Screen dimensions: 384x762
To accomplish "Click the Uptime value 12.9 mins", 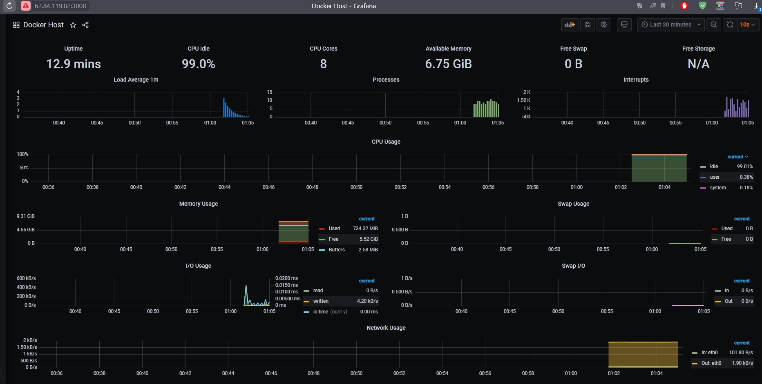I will coord(74,64).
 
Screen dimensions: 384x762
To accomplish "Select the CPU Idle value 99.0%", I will coord(199,64).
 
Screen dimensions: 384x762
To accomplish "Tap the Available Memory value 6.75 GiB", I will coord(448,64).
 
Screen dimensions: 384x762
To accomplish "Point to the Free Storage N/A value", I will coord(698,64).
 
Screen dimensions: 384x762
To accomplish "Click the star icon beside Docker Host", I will coord(73,25).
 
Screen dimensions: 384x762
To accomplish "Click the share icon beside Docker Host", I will coord(85,25).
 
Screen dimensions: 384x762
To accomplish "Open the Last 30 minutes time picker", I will coord(671,24).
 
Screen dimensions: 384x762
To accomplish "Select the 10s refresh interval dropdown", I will coord(747,24).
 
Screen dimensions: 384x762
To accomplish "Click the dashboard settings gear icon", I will coord(604,24).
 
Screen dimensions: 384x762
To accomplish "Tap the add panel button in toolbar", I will coord(570,24).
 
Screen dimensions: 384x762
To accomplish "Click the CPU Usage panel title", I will coord(386,142).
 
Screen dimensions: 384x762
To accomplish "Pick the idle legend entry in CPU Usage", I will coord(714,166).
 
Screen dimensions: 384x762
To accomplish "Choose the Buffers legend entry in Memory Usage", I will coord(337,250).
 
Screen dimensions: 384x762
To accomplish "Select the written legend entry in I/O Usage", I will coord(321,301).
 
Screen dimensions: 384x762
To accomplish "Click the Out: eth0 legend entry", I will coord(711,363).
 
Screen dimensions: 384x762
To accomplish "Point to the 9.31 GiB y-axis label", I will coord(25,216).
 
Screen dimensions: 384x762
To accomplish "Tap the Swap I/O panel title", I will coord(573,266).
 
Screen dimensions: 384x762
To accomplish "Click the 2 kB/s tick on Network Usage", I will coord(30,340).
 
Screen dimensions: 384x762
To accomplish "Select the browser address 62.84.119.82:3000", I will coord(60,6).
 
